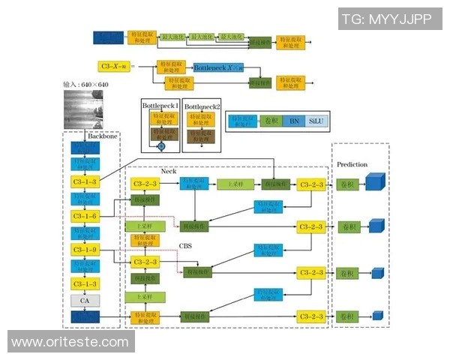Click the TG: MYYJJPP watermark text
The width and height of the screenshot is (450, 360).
[387, 19]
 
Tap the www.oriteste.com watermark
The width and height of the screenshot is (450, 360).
[70, 342]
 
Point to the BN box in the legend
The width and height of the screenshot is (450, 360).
[294, 121]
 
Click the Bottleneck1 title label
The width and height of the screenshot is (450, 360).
[161, 106]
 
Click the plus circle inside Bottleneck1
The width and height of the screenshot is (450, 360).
[160, 147]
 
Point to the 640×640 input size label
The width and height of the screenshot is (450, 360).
[86, 85]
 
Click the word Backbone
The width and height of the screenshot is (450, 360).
[103, 137]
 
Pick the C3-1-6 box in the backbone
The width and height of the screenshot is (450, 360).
[85, 216]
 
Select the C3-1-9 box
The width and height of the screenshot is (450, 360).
[85, 250]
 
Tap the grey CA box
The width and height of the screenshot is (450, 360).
[85, 301]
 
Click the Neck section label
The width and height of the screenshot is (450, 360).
[169, 171]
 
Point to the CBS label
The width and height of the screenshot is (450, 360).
[186, 244]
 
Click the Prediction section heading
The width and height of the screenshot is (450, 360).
[352, 164]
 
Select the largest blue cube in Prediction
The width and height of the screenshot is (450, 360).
[374, 183]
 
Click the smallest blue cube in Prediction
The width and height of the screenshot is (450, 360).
[372, 316]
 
